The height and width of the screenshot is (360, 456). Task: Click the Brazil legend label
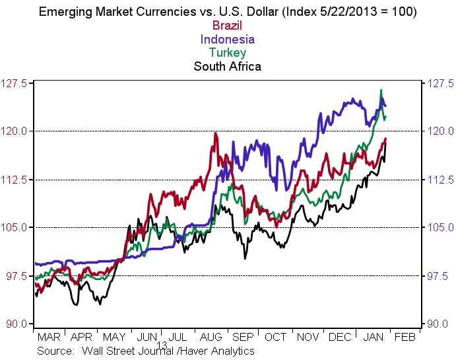click(x=228, y=26)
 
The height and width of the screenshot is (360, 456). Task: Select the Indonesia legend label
click(x=228, y=40)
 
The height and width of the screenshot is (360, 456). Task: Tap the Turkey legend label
click(x=228, y=53)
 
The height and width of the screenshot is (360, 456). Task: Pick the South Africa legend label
click(x=228, y=66)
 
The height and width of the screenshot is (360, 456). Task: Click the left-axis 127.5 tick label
click(x=15, y=83)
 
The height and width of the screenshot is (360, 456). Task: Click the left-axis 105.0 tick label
click(x=15, y=228)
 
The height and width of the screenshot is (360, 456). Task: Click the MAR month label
click(x=50, y=337)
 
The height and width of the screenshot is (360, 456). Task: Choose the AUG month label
click(x=211, y=337)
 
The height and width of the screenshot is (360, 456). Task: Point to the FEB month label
click(x=404, y=337)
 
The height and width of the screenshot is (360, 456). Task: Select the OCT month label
click(x=275, y=337)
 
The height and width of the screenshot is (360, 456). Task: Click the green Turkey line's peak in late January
click(x=381, y=90)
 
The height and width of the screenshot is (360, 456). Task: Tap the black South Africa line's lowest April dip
click(x=77, y=305)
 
